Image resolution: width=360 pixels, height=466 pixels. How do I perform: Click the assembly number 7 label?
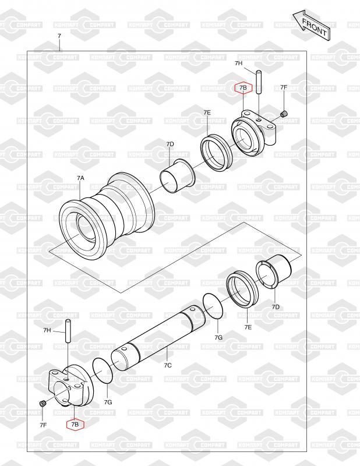[59, 36]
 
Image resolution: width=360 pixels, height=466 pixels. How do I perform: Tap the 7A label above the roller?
[80, 178]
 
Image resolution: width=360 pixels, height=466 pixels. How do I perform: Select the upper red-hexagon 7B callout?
[243, 88]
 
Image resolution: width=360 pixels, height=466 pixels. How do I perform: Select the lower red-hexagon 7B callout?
[75, 425]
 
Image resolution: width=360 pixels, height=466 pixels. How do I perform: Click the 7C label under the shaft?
[168, 365]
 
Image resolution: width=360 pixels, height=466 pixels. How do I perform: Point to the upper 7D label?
[170, 144]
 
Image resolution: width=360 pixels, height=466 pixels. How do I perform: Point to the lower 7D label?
[276, 307]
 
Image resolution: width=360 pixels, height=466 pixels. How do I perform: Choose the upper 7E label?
[207, 112]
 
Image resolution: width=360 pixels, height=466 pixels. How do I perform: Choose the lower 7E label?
[248, 327]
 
